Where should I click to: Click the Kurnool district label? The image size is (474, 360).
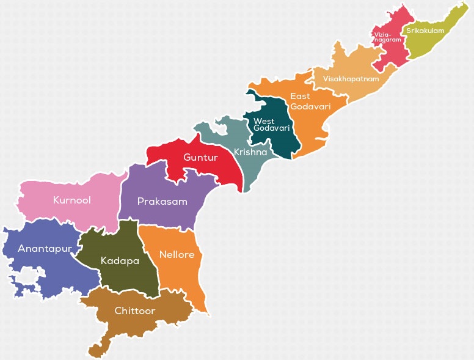pos(71,200)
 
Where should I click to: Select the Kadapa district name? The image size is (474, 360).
pos(120,261)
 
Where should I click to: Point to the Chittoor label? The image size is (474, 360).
pos(135,311)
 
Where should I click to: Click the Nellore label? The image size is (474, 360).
pos(177,254)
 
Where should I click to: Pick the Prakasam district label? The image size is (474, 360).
pos(162,202)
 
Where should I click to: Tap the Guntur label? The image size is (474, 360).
pos(200,158)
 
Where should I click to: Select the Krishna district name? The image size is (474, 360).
pos(250,152)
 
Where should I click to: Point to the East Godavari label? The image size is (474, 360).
pos(310,101)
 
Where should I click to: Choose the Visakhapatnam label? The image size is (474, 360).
pos(351,79)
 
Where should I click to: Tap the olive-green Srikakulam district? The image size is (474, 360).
pos(437,43)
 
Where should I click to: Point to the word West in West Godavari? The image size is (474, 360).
pos(264,120)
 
